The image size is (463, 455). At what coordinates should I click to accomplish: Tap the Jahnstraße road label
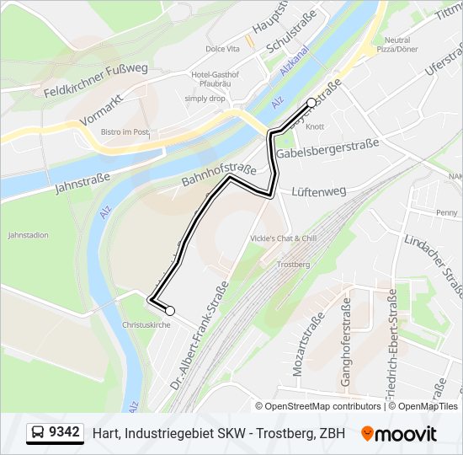[83, 179]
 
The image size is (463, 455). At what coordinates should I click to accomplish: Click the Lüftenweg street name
[318, 191]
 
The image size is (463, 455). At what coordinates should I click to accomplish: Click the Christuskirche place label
[146, 324]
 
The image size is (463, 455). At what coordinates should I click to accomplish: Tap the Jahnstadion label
[27, 235]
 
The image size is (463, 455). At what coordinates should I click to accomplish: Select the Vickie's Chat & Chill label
[283, 238]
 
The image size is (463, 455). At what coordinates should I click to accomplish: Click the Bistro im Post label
[125, 132]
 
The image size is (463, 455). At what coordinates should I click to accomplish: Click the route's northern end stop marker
[311, 103]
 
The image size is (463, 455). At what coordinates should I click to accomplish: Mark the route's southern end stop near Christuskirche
[170, 310]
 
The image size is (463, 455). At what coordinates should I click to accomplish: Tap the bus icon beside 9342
[38, 433]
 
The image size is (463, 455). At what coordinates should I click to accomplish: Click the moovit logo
[399, 433]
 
